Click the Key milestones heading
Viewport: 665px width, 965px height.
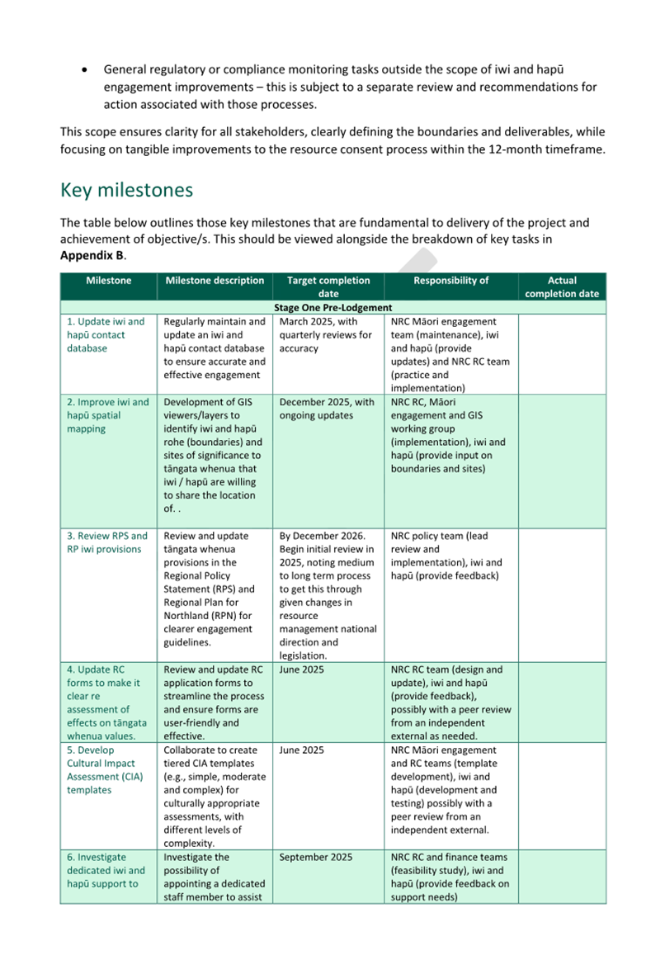(126, 190)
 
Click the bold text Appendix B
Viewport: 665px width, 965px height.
(92, 255)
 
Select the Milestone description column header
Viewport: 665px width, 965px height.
(215, 281)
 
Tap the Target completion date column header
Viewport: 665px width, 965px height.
(328, 286)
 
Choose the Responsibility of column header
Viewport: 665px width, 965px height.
(451, 281)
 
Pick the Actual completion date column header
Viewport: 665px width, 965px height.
(562, 286)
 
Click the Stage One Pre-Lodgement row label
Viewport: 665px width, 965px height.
(332, 307)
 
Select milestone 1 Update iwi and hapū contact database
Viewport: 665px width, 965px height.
(106, 334)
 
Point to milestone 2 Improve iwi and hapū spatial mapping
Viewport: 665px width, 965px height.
(107, 415)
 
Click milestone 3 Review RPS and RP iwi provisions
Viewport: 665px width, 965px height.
(107, 542)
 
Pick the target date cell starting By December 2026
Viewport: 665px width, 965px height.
(328, 595)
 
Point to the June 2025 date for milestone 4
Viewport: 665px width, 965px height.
(302, 669)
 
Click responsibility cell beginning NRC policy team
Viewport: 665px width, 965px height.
(445, 556)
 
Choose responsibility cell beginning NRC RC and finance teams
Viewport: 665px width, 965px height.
(450, 877)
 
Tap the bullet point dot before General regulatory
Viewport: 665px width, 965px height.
(86, 71)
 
